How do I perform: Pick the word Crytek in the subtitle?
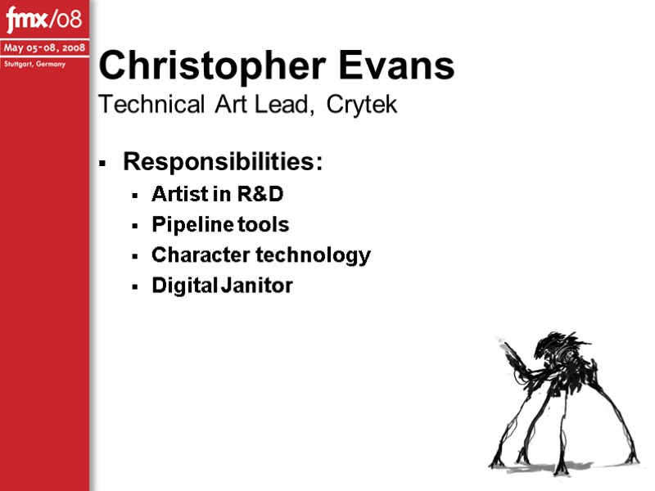coord(361,105)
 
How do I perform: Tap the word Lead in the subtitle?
coord(283,105)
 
